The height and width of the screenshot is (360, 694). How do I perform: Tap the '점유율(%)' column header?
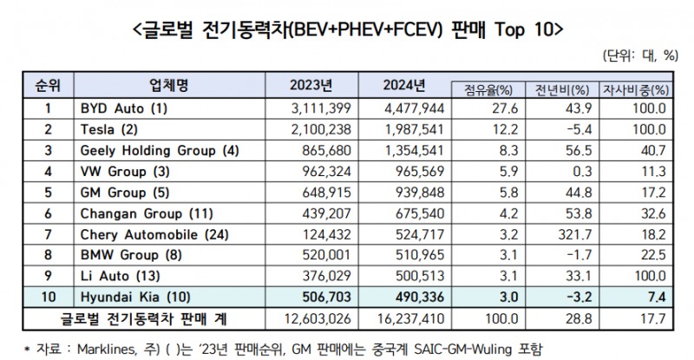[x=483, y=89]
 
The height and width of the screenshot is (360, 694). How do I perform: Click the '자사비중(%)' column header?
[x=635, y=89]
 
